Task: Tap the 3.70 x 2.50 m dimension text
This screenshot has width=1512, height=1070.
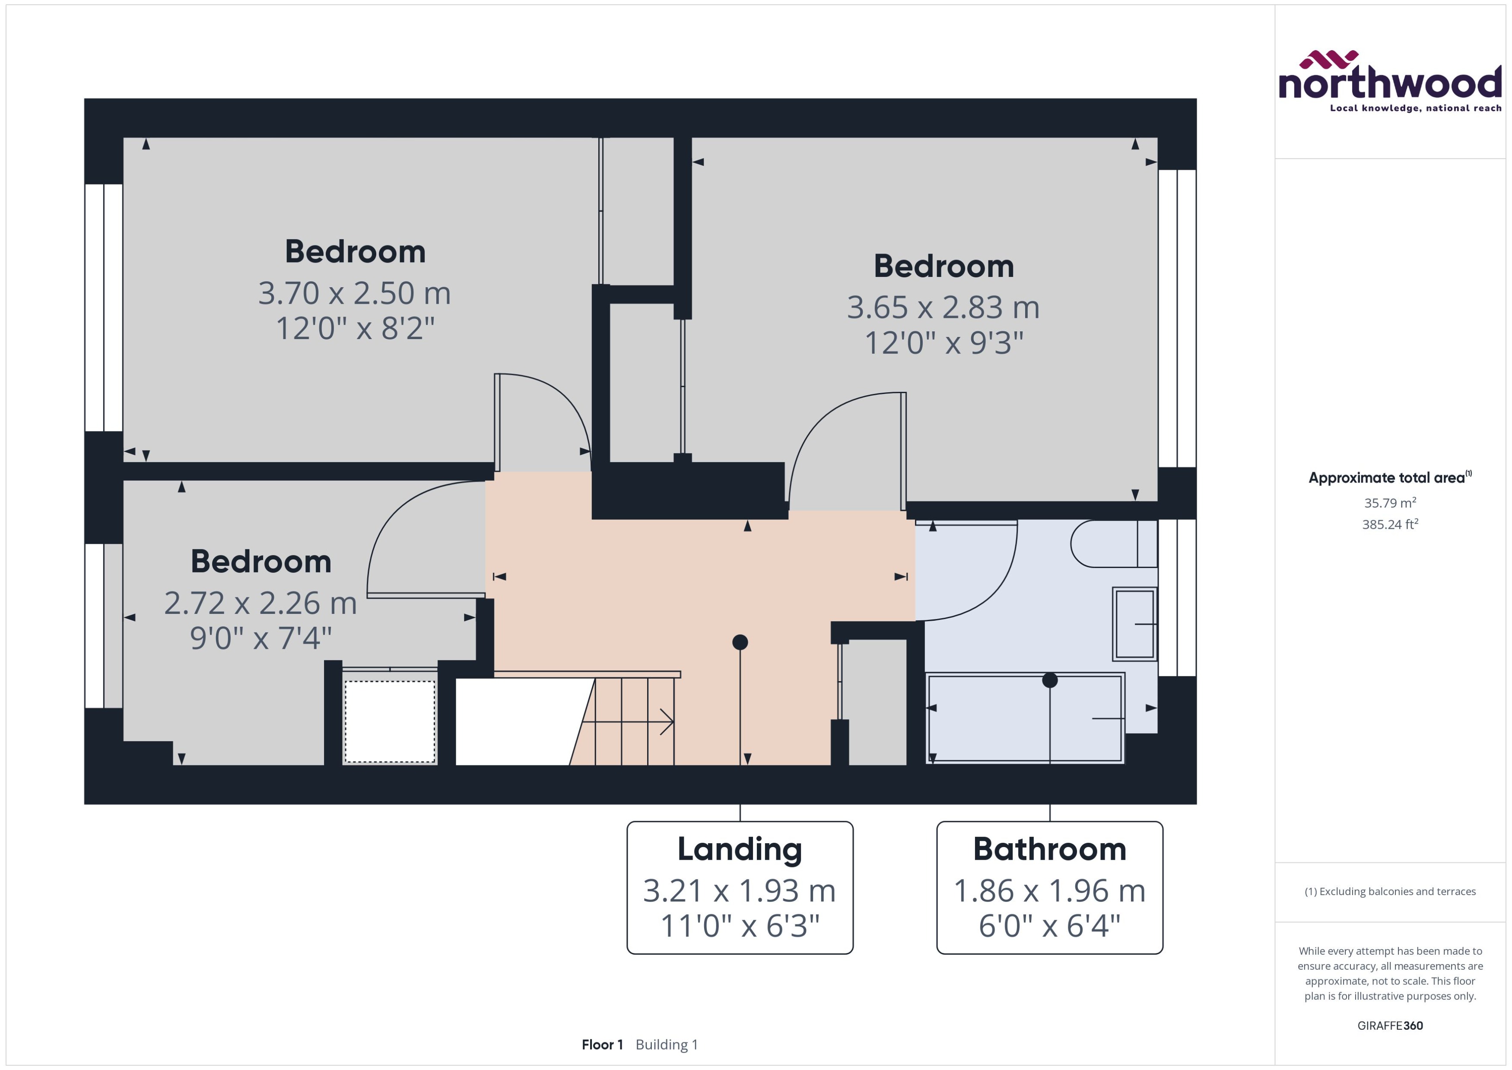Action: click(354, 293)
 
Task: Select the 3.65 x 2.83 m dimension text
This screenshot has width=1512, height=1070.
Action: click(943, 308)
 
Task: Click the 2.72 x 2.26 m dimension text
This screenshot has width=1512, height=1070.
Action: click(260, 603)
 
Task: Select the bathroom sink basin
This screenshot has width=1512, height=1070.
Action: click(1134, 623)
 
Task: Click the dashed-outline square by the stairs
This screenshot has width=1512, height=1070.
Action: click(389, 721)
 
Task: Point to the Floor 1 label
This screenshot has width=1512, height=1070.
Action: click(601, 1045)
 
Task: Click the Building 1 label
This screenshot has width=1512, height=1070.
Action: click(666, 1045)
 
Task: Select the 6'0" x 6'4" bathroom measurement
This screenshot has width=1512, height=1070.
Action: click(1049, 926)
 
